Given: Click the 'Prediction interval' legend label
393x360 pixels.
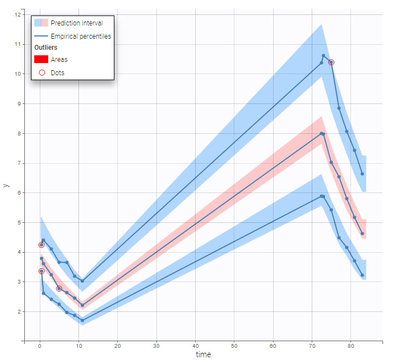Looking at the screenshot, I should point(76,23).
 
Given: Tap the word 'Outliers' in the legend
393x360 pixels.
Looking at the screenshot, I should point(45,48).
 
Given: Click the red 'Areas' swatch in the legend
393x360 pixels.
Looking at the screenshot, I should point(41,59).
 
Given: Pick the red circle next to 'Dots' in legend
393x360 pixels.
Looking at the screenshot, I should point(41,72).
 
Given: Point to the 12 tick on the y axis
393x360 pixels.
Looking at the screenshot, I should point(18,14).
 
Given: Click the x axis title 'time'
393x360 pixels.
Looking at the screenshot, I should point(203,354).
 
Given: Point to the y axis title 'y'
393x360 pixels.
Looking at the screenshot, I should point(6,185).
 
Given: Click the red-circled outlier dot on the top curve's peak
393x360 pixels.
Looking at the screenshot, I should point(331,62).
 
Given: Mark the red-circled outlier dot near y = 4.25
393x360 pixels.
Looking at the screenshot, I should point(41,245).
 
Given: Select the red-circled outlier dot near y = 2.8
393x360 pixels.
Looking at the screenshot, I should point(59,289).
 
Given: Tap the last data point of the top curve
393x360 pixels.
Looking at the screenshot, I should point(362,174).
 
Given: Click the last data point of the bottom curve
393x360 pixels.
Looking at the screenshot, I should point(362,275).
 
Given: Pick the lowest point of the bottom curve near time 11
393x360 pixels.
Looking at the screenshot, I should point(82,320).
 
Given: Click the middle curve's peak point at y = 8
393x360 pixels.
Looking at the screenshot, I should point(321,133).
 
